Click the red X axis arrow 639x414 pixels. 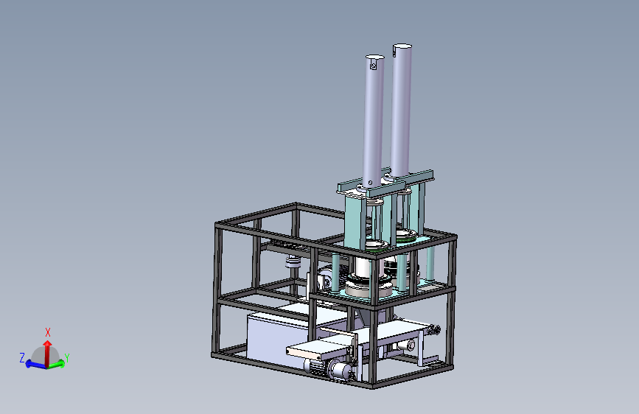pyautogui.click(x=48, y=351)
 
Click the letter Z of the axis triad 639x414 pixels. pyautogui.click(x=22, y=358)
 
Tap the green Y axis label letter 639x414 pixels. pyautogui.click(x=67, y=358)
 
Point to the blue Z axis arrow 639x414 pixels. pyautogui.click(x=36, y=365)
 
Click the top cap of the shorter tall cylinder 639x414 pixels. pyautogui.click(x=375, y=57)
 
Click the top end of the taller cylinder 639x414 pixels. pyautogui.click(x=402, y=46)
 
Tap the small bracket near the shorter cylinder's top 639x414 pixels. pyautogui.click(x=373, y=64)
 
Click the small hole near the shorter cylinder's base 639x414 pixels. pyautogui.click(x=370, y=183)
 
